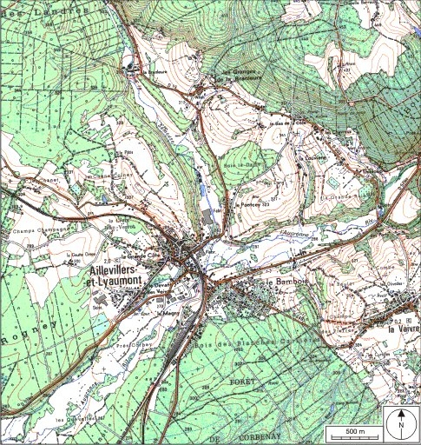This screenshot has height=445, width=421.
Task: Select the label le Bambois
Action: click(281, 284)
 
